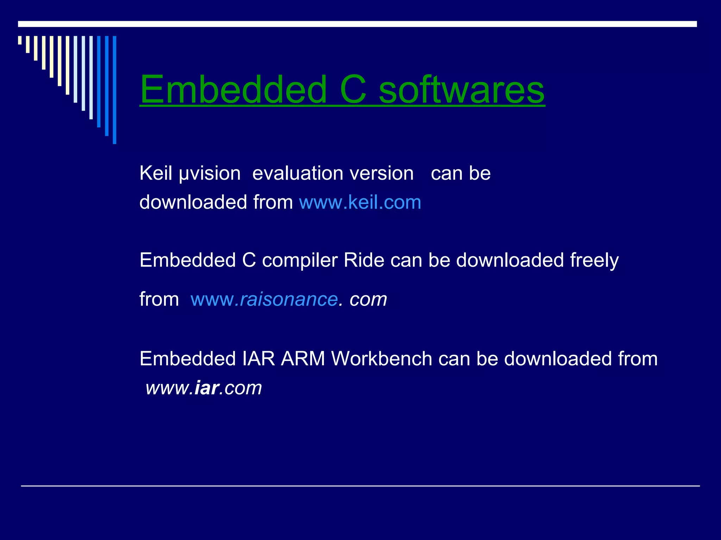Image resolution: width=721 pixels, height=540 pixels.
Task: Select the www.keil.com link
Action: (x=360, y=202)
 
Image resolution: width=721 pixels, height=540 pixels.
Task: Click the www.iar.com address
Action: (x=204, y=388)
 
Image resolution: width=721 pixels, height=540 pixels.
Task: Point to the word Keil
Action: (x=156, y=173)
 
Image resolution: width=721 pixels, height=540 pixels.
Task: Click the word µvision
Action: (x=210, y=174)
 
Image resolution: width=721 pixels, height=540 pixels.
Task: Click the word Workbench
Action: (x=382, y=359)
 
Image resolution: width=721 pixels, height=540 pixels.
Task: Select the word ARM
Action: (x=303, y=359)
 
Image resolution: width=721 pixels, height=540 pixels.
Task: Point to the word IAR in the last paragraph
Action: (x=258, y=359)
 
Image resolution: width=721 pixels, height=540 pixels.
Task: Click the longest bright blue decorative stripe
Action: (x=114, y=90)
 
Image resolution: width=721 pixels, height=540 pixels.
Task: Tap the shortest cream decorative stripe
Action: (x=20, y=40)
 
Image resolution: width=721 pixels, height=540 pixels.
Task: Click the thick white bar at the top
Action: (x=357, y=24)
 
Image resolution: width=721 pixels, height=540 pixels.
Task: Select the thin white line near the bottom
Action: (x=360, y=486)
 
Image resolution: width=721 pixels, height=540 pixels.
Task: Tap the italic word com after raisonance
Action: (x=368, y=300)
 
